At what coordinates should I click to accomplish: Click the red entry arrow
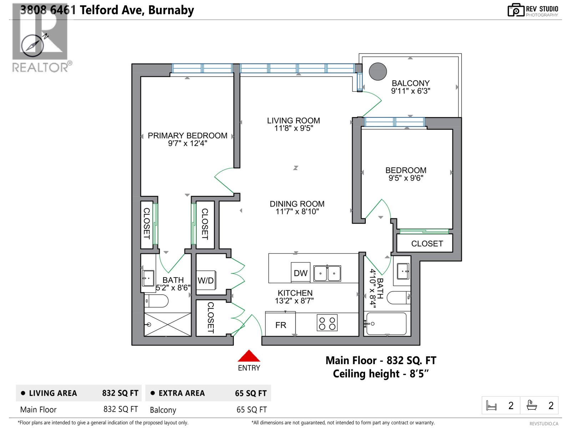249,356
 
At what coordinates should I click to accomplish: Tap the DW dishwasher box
300,273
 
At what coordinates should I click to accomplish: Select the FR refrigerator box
281,325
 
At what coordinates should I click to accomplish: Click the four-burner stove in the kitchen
327,323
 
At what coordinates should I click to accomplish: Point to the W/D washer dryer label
206,281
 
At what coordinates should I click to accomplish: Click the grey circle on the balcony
378,71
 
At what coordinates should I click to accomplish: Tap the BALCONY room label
410,83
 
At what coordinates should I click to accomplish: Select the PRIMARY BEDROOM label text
187,136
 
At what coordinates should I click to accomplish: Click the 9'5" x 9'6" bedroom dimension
406,178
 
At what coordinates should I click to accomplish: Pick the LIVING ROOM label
293,121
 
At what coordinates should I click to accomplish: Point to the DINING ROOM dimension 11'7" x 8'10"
297,212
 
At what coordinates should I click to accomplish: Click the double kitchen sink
327,274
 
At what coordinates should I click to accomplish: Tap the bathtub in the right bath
386,324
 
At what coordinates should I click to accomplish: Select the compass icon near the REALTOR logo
33,46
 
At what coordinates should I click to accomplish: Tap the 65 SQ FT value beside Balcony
252,410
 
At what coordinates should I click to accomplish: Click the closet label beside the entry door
211,317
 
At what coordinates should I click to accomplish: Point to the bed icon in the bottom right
491,406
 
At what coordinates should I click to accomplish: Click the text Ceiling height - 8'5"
380,374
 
